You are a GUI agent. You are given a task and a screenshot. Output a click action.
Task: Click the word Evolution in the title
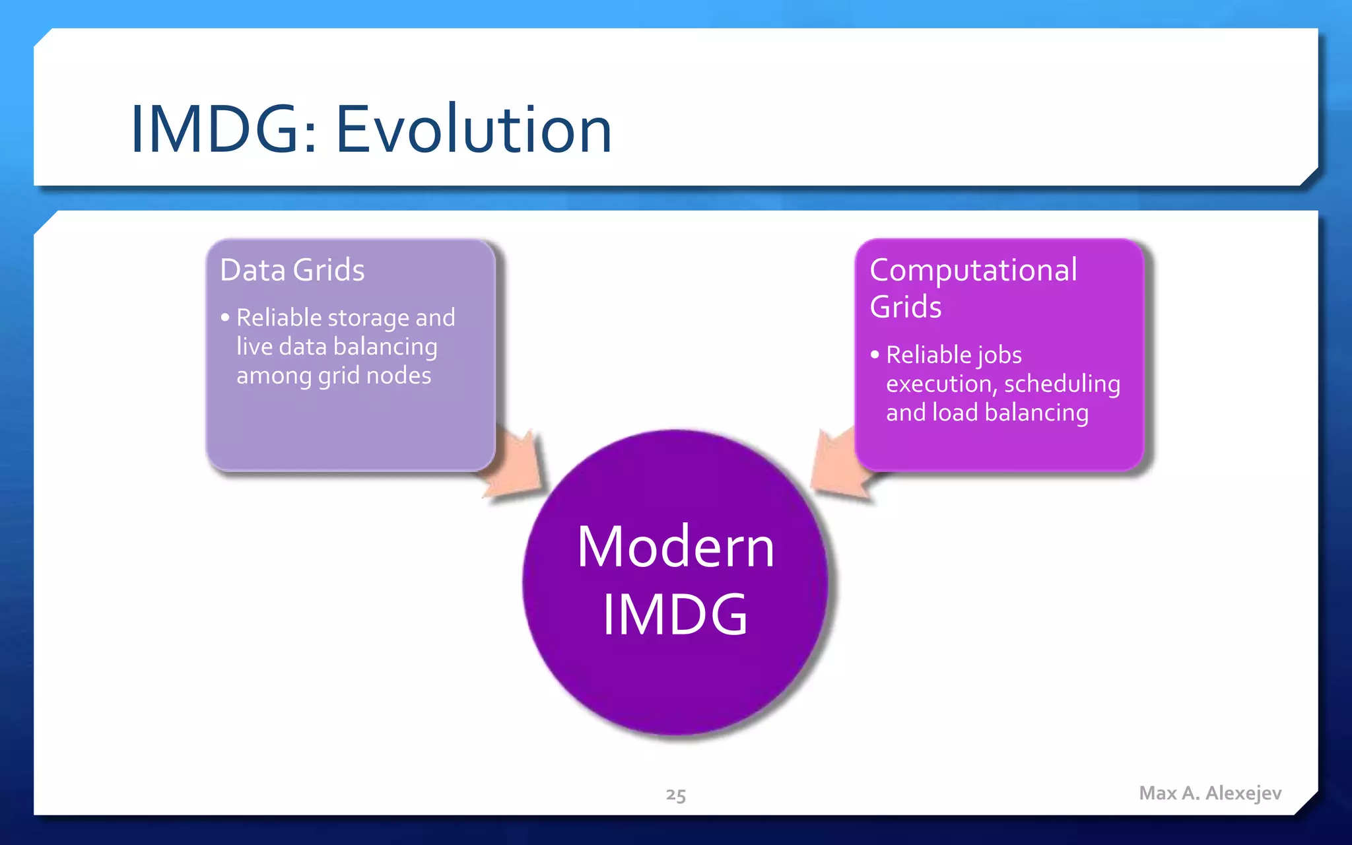473,130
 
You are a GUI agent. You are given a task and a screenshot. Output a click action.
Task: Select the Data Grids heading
292,270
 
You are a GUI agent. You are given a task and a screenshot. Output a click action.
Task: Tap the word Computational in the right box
973,270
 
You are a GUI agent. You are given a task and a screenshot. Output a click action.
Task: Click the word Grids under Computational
905,307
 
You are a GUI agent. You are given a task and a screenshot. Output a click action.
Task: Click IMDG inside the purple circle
675,615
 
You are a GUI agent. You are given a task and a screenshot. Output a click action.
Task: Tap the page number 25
675,795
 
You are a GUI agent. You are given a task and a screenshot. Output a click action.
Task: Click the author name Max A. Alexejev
1210,793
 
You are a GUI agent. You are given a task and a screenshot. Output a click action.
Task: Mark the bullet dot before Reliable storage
225,318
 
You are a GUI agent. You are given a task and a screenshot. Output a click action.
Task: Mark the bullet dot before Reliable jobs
875,355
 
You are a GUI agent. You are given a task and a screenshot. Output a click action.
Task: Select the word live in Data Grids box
253,347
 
